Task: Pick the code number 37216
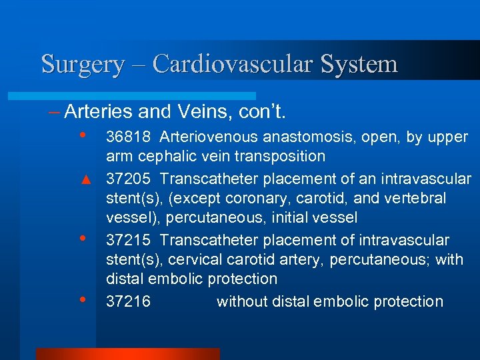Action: coord(129,301)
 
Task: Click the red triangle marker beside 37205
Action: coord(85,179)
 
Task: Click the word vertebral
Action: coord(416,199)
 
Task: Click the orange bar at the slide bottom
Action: coord(127,354)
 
